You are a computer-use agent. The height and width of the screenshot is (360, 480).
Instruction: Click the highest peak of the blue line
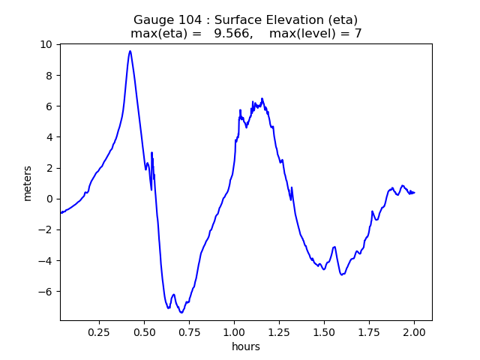[x=130, y=51]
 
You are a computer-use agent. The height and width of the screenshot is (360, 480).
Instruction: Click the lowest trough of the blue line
[x=181, y=313]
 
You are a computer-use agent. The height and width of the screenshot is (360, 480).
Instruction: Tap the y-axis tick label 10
[x=46, y=44]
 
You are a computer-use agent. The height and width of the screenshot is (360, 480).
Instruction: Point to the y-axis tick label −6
[x=46, y=292]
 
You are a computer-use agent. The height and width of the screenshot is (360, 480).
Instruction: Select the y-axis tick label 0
[x=49, y=199]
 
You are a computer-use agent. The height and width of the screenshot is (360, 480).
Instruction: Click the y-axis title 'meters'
[x=28, y=183]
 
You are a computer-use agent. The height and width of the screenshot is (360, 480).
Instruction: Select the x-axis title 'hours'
[x=246, y=346]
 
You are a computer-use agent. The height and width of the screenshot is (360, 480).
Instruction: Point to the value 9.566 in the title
[x=233, y=34]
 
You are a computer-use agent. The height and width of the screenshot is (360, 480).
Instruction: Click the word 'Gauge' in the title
[x=152, y=19]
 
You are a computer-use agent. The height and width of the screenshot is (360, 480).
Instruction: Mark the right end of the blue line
[x=415, y=193]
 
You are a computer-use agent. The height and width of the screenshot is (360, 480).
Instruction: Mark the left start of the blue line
[x=61, y=213]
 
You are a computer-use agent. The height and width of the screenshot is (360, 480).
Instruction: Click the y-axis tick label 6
[x=49, y=106]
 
